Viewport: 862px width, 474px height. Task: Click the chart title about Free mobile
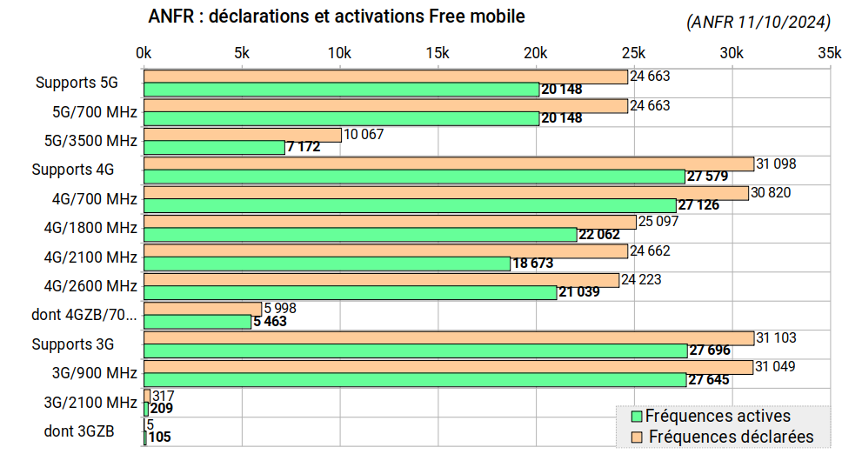click(x=337, y=17)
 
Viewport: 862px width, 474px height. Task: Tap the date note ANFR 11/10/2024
click(x=757, y=23)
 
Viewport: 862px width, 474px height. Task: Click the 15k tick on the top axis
click(x=438, y=53)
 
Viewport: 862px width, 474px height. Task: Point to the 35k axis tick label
click(x=830, y=53)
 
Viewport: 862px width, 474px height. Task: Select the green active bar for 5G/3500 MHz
click(x=214, y=148)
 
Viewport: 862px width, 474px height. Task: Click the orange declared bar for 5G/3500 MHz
click(x=242, y=135)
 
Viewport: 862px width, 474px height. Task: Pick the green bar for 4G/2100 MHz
click(x=326, y=264)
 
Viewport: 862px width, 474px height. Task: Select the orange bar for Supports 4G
click(x=448, y=164)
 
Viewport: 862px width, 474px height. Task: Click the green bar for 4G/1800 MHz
click(x=359, y=235)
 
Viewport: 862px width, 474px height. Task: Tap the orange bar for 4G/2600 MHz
click(x=381, y=280)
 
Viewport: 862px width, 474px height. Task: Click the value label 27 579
click(x=708, y=177)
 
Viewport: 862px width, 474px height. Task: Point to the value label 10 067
click(x=364, y=135)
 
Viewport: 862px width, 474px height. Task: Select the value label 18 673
click(x=532, y=264)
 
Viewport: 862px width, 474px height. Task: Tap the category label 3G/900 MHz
click(x=94, y=373)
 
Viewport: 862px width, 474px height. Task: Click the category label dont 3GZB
click(x=79, y=431)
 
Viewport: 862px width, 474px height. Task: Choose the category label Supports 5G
click(x=77, y=83)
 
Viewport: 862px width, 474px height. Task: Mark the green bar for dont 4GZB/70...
click(x=197, y=322)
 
